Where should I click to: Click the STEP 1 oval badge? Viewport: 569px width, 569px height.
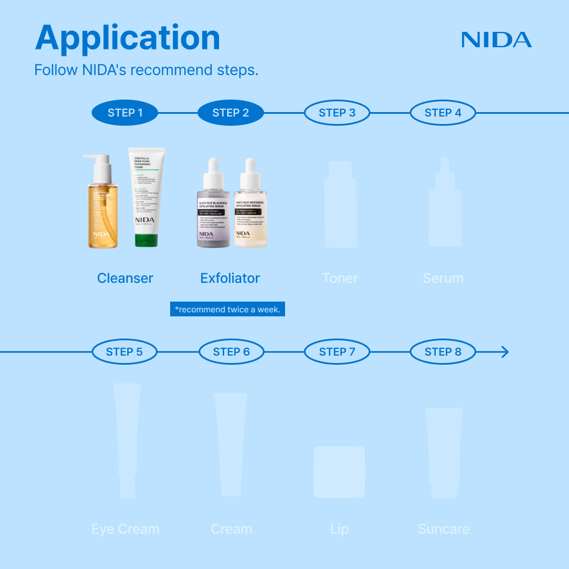point(125,113)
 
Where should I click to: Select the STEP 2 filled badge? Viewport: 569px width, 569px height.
point(230,113)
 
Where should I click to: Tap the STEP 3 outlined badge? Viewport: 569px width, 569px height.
point(337,113)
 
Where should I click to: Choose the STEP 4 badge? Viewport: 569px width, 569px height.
point(443,113)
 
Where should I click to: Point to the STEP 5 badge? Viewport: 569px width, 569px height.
point(125,352)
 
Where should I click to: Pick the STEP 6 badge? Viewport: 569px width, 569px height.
point(231,352)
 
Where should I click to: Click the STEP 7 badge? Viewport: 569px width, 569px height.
point(337,352)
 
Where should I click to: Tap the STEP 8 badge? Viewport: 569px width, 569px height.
point(443,352)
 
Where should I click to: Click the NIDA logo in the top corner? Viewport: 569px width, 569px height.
point(496,40)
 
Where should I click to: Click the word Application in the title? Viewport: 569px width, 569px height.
point(127,38)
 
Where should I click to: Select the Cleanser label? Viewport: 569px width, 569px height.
point(125,278)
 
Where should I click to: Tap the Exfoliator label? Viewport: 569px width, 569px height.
point(230,278)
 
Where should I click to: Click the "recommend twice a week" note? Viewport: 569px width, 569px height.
point(228,310)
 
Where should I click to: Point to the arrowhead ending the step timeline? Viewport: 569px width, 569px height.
point(504,352)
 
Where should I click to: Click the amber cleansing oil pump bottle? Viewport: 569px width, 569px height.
point(102,211)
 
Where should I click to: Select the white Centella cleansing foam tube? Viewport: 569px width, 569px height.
point(146,193)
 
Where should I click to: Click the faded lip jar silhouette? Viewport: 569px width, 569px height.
point(339,472)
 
